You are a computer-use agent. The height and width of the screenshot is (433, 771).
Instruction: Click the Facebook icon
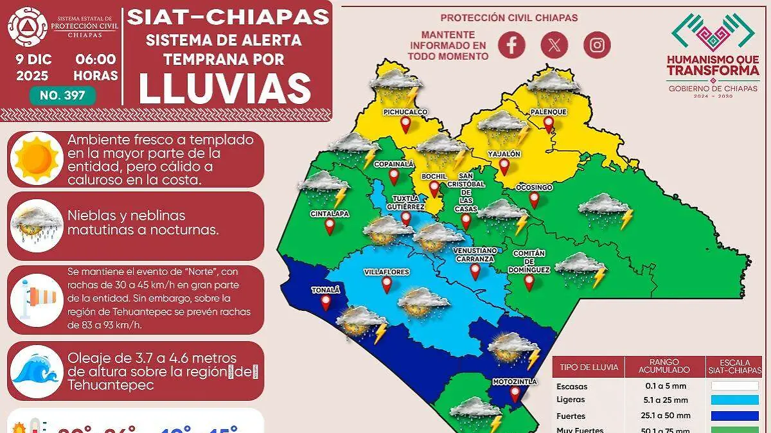pos(511,44)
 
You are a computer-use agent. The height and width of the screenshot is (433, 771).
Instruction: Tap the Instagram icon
pos(597,44)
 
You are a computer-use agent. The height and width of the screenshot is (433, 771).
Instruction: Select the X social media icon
pos(554,44)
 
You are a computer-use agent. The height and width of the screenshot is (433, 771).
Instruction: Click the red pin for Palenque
pos(549,124)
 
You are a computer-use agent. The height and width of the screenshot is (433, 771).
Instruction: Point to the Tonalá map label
pos(326,290)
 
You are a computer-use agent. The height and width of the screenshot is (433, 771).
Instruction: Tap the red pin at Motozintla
pos(515,394)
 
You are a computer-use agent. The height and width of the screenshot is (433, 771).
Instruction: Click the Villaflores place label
pos(386,272)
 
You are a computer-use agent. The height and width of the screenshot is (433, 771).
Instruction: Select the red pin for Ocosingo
pos(534,200)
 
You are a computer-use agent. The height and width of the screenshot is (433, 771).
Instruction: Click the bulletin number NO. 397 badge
pos(62,96)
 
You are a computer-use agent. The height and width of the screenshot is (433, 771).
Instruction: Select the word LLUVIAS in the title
pos(225,89)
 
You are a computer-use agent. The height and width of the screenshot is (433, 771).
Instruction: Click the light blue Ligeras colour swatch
pos(734,400)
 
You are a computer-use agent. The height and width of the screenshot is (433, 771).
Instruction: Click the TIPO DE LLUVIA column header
pos(589,367)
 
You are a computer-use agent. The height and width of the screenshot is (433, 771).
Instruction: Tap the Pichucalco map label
pos(405,112)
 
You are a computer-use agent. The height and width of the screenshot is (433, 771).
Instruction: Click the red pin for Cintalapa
pos(330,226)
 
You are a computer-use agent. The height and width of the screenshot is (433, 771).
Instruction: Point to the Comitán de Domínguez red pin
pos(529,282)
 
